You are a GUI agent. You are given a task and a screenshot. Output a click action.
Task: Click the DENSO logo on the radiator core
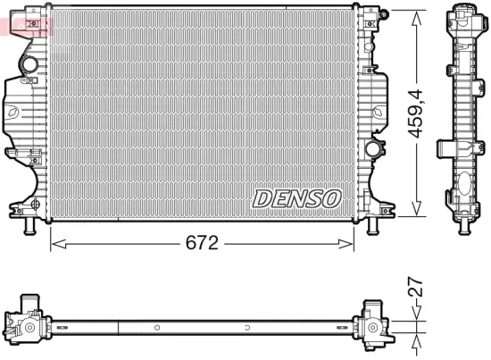tap(295, 197)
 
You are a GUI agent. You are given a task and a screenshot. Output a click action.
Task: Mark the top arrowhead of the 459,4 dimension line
tap(415, 15)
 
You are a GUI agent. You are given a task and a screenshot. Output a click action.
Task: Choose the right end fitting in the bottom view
tap(372, 323)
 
